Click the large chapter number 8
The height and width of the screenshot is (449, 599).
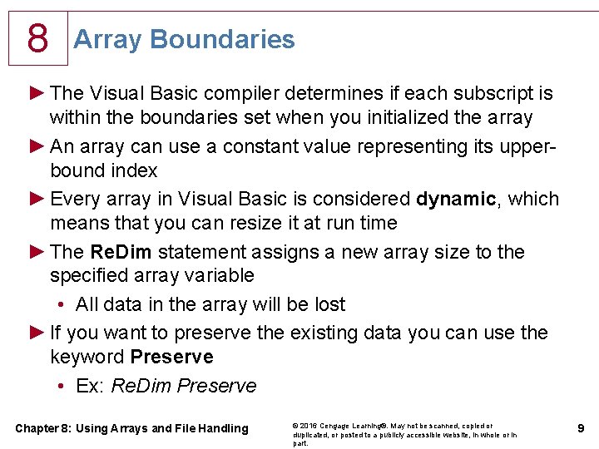click(x=37, y=37)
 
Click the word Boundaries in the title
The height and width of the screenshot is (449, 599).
click(x=222, y=39)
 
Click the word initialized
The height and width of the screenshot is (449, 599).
click(x=408, y=117)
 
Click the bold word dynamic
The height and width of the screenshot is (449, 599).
click(x=456, y=199)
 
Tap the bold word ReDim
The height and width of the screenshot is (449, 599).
click(x=121, y=252)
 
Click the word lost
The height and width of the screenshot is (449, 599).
click(x=330, y=304)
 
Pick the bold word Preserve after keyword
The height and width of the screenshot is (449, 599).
click(x=171, y=357)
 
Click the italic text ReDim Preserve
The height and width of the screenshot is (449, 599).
click(x=184, y=385)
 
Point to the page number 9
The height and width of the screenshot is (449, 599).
click(x=581, y=428)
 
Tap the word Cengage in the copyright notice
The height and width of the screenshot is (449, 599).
click(x=334, y=426)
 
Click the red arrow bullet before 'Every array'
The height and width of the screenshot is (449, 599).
click(x=37, y=199)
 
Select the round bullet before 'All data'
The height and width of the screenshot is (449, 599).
click(x=61, y=304)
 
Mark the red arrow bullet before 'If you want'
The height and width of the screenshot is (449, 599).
click(x=37, y=333)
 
